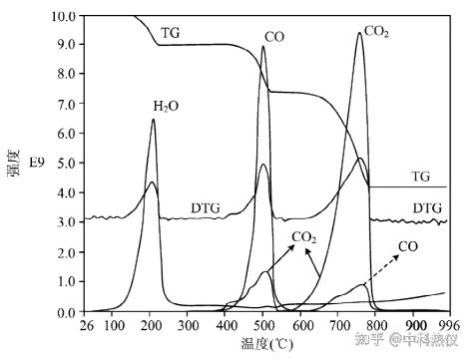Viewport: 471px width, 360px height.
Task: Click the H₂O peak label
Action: point(166,106)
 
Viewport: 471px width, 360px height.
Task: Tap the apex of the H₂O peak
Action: point(153,119)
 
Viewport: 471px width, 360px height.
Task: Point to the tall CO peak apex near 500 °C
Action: point(263,46)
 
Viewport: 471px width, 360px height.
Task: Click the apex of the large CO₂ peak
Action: point(359,32)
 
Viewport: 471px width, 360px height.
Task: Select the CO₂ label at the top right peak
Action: point(376,32)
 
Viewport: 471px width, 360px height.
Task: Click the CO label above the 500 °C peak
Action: point(274,37)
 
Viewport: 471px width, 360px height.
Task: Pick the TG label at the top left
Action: point(171,33)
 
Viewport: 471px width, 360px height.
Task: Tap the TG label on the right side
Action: point(421,177)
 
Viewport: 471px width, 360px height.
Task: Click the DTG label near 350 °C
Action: point(206,208)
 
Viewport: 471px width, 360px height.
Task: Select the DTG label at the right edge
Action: point(427,208)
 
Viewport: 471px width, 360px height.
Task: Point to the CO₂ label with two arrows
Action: point(303,237)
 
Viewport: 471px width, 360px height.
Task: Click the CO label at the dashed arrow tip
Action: point(408,246)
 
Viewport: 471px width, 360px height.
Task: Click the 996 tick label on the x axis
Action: point(449,325)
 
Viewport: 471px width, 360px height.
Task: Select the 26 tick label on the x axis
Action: point(87,325)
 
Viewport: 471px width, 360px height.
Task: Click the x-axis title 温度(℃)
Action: point(266,344)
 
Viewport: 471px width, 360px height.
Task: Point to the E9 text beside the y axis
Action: point(37,163)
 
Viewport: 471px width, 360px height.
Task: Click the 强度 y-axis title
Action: point(14,163)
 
